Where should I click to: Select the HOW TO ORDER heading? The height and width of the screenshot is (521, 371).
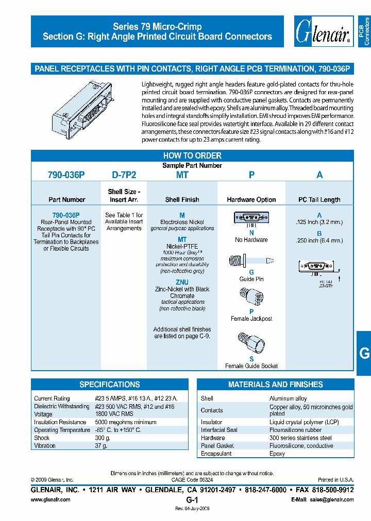click(x=192, y=155)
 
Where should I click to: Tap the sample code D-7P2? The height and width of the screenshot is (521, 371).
click(x=124, y=175)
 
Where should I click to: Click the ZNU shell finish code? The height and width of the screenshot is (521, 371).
click(x=182, y=282)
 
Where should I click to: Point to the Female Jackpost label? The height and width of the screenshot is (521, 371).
click(x=251, y=319)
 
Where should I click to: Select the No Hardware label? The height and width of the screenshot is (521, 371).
click(x=251, y=240)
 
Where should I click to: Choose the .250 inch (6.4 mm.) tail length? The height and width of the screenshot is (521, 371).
click(x=319, y=240)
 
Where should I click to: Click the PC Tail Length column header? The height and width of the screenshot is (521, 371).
click(x=319, y=200)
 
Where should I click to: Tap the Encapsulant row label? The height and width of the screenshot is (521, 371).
click(x=216, y=454)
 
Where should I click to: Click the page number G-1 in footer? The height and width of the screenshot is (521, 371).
click(x=192, y=500)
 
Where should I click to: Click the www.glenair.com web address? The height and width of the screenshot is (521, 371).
click(x=50, y=500)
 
